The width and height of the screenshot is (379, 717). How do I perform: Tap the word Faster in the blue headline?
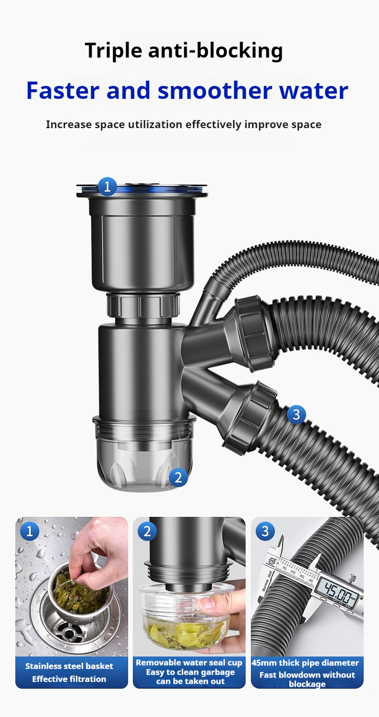click(62, 90)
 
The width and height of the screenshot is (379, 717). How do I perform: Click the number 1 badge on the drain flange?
click(107, 186)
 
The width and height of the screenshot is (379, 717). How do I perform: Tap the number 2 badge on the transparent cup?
click(178, 478)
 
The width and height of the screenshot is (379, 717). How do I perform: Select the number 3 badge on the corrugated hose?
click(296, 414)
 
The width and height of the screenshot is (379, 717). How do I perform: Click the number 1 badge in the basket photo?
click(30, 531)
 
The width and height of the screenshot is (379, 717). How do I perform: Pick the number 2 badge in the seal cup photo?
click(147, 531)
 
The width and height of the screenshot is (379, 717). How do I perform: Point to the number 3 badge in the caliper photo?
click(265, 531)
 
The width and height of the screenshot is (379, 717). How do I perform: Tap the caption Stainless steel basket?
click(69, 666)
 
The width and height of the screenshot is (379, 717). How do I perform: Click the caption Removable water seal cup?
click(189, 663)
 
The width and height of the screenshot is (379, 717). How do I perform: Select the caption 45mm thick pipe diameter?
click(305, 663)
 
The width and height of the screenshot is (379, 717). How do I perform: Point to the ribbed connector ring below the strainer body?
click(143, 305)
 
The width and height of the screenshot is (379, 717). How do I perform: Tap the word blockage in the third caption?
click(307, 684)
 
